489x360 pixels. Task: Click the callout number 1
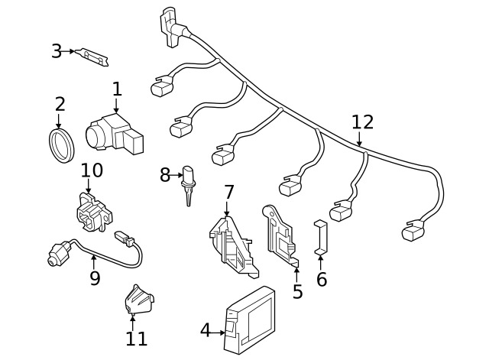coord(117,90)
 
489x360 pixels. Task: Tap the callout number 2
coord(60,104)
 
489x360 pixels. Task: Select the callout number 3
coord(57,51)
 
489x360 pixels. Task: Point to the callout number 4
coord(205,330)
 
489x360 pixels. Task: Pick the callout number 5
coord(297,291)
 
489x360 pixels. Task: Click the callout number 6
coord(322,279)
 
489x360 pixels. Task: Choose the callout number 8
coord(165,175)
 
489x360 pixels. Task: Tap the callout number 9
coord(95,277)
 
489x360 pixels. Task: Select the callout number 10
coord(92,170)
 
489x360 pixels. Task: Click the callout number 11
coord(136,337)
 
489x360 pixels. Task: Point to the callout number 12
coord(363,122)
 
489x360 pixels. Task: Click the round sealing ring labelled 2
coord(61,144)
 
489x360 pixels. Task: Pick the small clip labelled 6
coord(321,237)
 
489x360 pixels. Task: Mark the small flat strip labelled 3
coord(92,56)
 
